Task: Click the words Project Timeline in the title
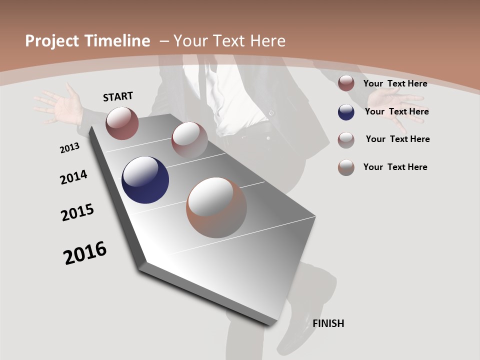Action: click(x=87, y=41)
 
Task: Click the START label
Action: click(x=118, y=96)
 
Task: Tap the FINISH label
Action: click(x=328, y=323)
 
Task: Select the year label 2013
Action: click(x=69, y=148)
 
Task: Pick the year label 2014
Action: click(x=73, y=177)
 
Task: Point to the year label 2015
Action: click(x=77, y=212)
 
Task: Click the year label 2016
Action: click(x=85, y=253)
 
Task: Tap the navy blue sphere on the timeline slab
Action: click(x=145, y=180)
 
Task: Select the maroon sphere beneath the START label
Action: click(x=122, y=123)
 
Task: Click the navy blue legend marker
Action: click(x=346, y=112)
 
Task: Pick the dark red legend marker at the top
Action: click(x=346, y=83)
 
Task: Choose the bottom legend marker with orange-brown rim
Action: click(x=346, y=167)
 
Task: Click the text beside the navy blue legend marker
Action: click(x=396, y=111)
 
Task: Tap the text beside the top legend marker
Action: click(x=395, y=83)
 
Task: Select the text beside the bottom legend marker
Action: click(x=395, y=167)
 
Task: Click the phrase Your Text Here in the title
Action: click(x=229, y=41)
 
